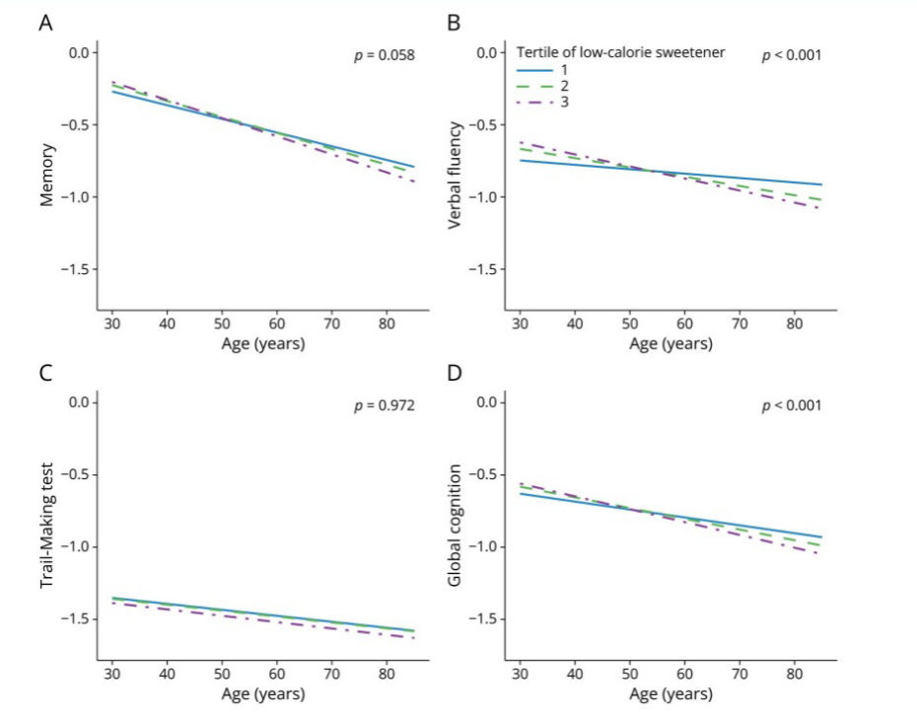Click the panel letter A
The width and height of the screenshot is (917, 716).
tap(45, 23)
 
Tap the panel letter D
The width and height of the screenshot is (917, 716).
tap(454, 373)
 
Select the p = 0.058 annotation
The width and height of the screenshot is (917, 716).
tap(385, 55)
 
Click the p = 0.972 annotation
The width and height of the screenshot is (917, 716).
tap(385, 405)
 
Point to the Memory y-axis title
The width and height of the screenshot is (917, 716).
tap(46, 175)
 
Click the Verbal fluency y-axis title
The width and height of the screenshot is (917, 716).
tap(455, 175)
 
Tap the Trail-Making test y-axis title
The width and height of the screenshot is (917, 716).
tap(46, 526)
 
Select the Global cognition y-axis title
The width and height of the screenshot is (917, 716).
tap(455, 526)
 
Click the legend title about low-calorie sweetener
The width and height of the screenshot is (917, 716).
tap(620, 52)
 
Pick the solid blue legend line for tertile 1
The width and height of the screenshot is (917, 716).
tap(534, 70)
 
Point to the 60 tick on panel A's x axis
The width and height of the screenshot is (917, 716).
tap(277, 323)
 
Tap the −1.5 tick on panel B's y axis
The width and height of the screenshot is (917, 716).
tap(484, 269)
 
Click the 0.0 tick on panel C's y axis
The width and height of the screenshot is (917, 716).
tap(80, 402)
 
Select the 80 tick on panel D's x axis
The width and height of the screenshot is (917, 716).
tap(794, 674)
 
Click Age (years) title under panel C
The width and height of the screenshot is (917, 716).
tap(263, 694)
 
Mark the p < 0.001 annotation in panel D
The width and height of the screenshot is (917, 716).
tap(791, 405)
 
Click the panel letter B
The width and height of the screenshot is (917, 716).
tap(454, 23)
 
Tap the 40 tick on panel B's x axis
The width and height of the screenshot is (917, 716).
tap(575, 323)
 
